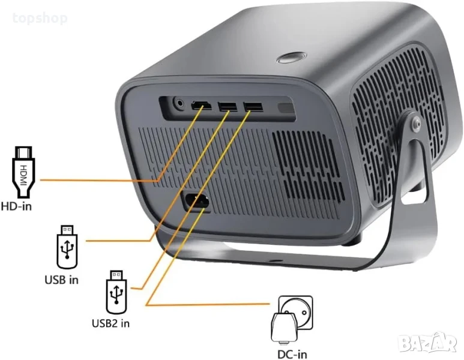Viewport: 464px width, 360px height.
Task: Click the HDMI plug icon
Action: coord(23,172)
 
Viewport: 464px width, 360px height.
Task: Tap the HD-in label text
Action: coord(16,206)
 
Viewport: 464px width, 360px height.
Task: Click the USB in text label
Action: coord(62,280)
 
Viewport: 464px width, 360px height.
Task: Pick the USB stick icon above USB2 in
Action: coord(116,293)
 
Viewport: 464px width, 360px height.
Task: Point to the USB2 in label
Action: coord(110,323)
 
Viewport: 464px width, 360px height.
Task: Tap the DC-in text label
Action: coord(292,354)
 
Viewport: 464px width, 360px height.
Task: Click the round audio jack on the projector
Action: coord(178,104)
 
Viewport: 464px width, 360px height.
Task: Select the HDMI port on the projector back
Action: coord(202,106)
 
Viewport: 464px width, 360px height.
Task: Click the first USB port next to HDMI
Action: coord(227,107)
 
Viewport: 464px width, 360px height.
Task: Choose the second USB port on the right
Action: coord(253,107)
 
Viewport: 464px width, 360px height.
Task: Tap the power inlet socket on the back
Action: coord(196,202)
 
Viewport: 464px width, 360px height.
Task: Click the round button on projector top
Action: coord(292,58)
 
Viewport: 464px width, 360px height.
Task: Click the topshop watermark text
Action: coord(40,19)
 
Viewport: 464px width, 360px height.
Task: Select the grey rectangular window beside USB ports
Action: coord(286,108)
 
